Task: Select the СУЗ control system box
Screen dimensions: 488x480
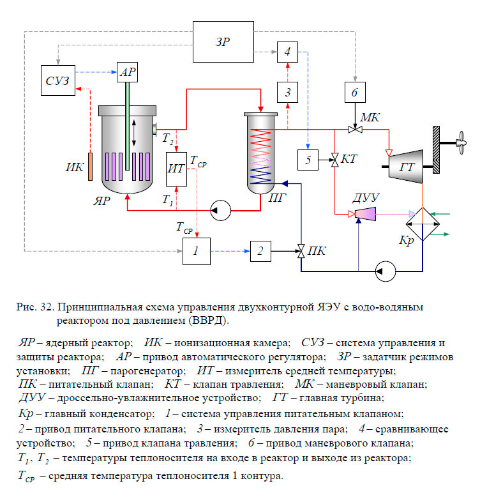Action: coord(57,79)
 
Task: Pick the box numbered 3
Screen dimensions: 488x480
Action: coord(288,93)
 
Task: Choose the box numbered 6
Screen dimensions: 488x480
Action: coord(355,93)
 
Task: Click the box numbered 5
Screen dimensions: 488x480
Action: coord(308,160)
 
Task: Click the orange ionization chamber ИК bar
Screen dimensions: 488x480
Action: coord(91,167)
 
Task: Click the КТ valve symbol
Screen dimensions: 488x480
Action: coord(334,160)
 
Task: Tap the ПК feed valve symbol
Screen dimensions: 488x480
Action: coord(300,251)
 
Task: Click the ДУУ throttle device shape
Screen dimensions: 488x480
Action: coord(366,215)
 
